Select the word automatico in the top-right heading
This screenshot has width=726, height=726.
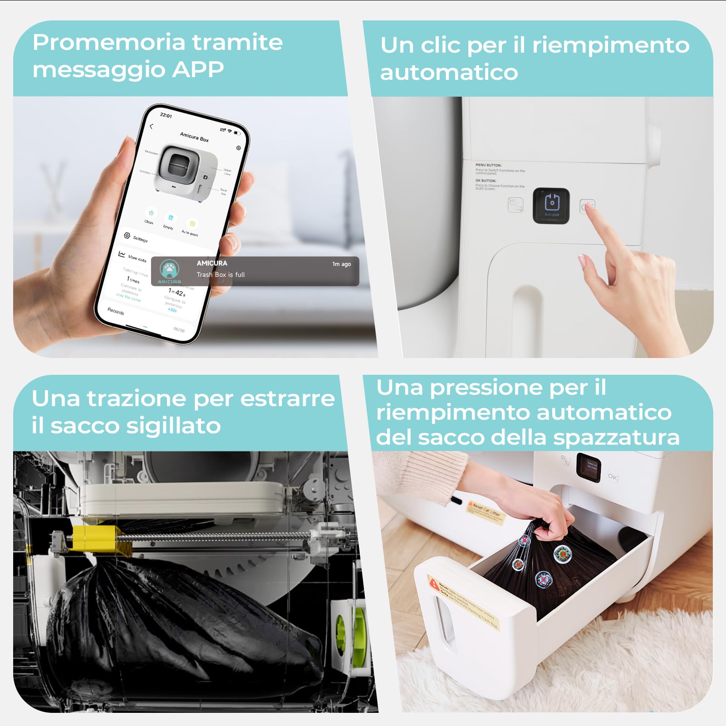pos(449,73)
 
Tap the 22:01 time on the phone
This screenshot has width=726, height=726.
pos(166,115)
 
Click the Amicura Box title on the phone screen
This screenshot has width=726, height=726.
pos(194,137)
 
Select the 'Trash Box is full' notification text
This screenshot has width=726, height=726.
pos(221,275)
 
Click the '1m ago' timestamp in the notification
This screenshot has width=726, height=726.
pos(341,264)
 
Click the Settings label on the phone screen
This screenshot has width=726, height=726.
pos(140,239)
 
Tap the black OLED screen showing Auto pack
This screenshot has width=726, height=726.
pos(551,205)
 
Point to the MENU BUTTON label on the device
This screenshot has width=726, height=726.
pos(488,165)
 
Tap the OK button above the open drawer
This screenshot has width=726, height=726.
pos(613,477)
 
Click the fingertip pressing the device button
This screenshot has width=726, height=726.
pos(589,207)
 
